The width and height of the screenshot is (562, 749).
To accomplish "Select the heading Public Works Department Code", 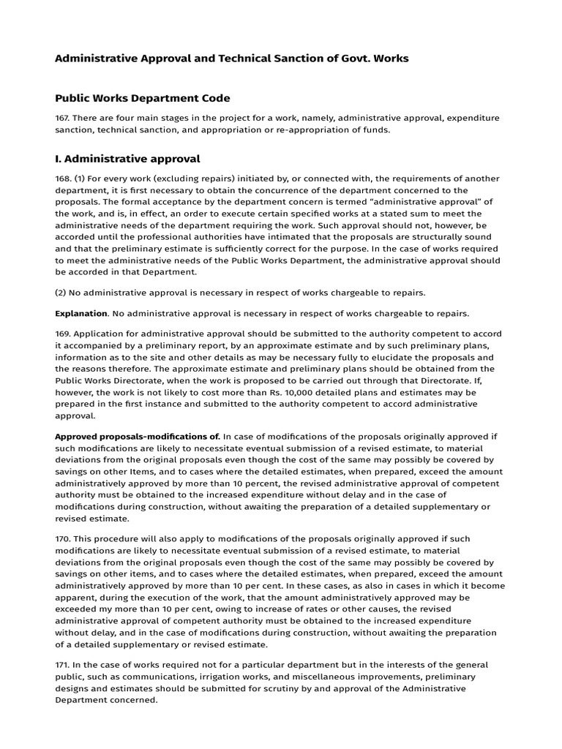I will point(143,98).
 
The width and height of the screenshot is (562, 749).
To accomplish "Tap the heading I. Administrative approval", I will point(127,159).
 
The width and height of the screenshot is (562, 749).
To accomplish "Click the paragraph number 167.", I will point(64,118).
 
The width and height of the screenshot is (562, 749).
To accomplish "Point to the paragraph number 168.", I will point(64,179).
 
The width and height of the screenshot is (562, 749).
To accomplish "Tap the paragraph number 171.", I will point(64,664).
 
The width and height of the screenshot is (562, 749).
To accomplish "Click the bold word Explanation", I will point(81,313).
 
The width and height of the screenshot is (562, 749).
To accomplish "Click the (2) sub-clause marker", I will point(61,293).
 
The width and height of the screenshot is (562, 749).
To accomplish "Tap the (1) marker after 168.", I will point(82,179).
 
